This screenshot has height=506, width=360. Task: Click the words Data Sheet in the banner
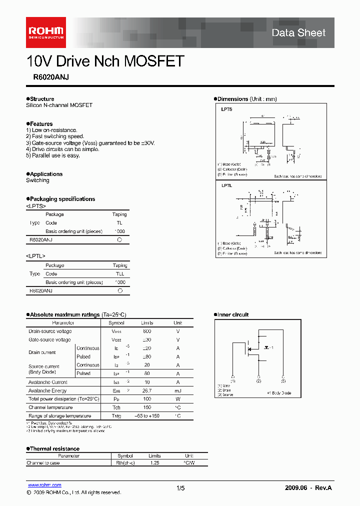298,32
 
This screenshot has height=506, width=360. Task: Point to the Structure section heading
41,99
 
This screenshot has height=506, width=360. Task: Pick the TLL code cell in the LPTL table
120,274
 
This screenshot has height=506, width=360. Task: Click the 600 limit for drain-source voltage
147,331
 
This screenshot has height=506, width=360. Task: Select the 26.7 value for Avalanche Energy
147,391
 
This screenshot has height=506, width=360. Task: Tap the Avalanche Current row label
48,382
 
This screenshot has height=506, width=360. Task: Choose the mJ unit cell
178,391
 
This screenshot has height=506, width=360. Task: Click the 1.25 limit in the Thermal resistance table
154,463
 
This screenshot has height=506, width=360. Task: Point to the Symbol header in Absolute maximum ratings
116,323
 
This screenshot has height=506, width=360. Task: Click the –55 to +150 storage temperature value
147,416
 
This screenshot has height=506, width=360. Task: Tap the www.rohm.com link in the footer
44,485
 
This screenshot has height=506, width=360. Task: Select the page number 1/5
180,488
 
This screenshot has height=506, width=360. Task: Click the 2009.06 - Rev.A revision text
308,488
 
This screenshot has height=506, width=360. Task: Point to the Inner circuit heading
232,314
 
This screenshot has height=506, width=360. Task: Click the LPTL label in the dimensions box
226,185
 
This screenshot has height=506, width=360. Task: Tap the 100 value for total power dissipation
147,399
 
